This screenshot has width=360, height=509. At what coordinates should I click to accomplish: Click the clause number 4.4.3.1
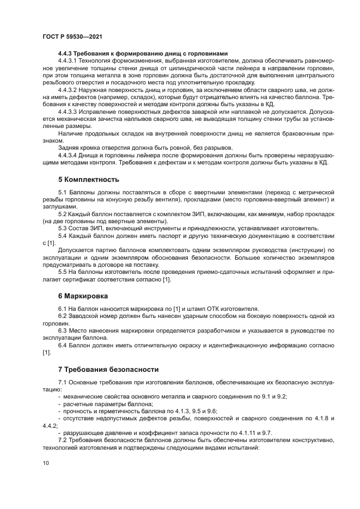pos(69,62)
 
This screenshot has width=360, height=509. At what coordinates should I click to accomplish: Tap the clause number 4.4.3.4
pos(69,155)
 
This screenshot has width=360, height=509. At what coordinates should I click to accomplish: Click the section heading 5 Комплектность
pos(89,179)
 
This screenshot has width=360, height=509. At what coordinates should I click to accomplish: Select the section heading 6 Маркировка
pos(83,296)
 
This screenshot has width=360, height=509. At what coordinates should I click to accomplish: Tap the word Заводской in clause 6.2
pos(82,316)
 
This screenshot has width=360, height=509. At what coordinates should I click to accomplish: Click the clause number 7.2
pos(63,432)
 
